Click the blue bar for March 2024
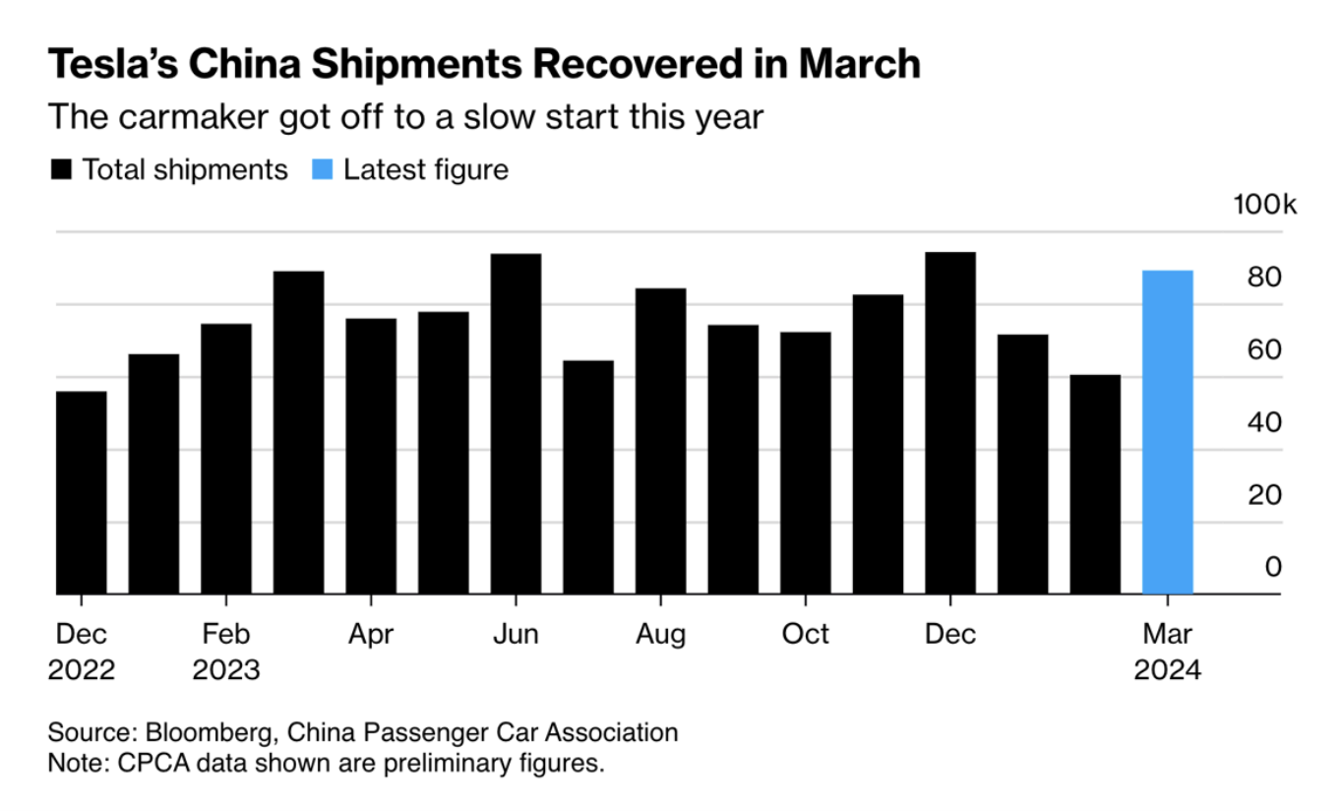1167,433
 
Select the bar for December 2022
82,493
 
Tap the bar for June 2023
516,424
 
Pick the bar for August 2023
660,442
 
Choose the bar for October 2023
805,464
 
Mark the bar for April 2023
371,457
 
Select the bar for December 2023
949,423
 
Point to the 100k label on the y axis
1264,205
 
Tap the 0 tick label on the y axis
1273,567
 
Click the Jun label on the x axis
516,634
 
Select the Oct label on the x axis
805,634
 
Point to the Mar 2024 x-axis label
1167,652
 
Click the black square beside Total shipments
62,170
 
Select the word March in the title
859,65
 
